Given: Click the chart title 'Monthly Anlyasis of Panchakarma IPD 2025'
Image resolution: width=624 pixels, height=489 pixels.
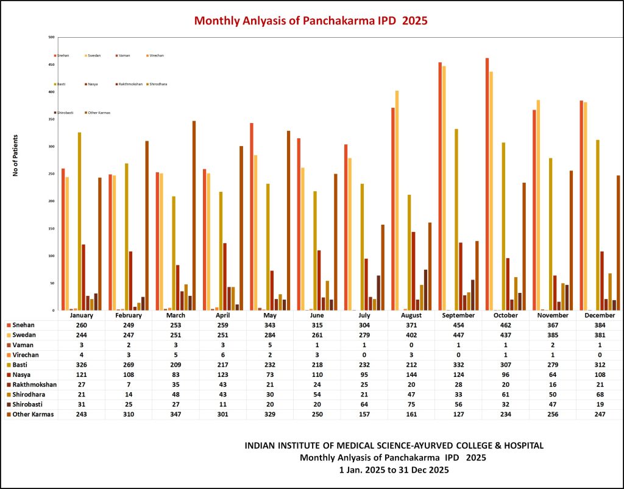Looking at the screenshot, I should [311, 21].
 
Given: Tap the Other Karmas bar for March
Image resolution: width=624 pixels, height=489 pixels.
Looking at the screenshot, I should [194, 216].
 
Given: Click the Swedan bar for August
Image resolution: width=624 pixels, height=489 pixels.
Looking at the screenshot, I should [397, 200].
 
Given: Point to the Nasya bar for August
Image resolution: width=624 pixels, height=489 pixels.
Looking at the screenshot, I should [413, 271].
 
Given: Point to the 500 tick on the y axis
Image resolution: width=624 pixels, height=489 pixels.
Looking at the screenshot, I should [52, 37].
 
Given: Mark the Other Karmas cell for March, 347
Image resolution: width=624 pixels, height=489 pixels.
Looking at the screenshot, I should [176, 414].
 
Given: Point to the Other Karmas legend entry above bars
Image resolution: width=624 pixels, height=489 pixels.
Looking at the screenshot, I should [99, 113].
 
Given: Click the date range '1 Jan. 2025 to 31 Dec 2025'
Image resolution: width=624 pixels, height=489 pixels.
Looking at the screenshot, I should [394, 470].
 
